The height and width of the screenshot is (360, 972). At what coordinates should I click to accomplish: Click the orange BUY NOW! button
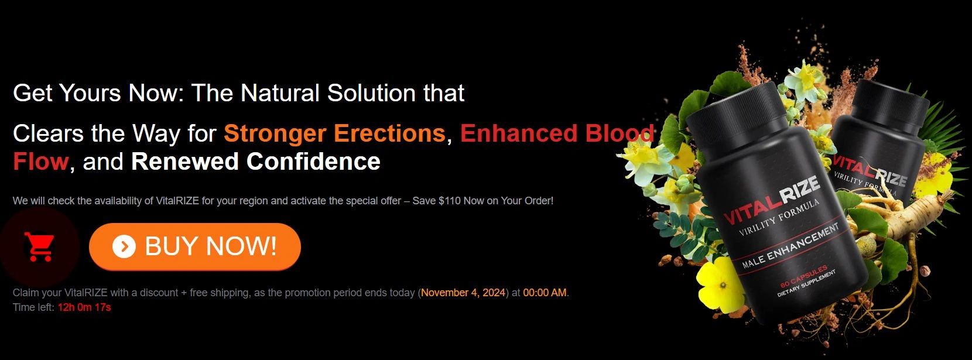click(195, 246)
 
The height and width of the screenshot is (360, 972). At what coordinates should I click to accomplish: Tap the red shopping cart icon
click(39, 246)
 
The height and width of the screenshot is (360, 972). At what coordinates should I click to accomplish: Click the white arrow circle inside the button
click(124, 246)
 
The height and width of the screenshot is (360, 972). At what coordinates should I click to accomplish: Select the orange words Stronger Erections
click(334, 133)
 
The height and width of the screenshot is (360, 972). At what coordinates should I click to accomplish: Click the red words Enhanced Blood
click(557, 133)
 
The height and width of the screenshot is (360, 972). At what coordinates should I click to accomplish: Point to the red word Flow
click(41, 161)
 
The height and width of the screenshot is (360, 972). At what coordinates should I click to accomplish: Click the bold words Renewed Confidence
click(255, 161)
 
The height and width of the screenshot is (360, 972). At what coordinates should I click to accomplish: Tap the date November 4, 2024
click(463, 293)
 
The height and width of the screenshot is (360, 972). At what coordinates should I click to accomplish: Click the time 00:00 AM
click(545, 293)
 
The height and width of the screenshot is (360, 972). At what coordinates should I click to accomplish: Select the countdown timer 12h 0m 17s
click(84, 307)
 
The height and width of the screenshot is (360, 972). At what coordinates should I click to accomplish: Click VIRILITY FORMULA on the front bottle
click(779, 217)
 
